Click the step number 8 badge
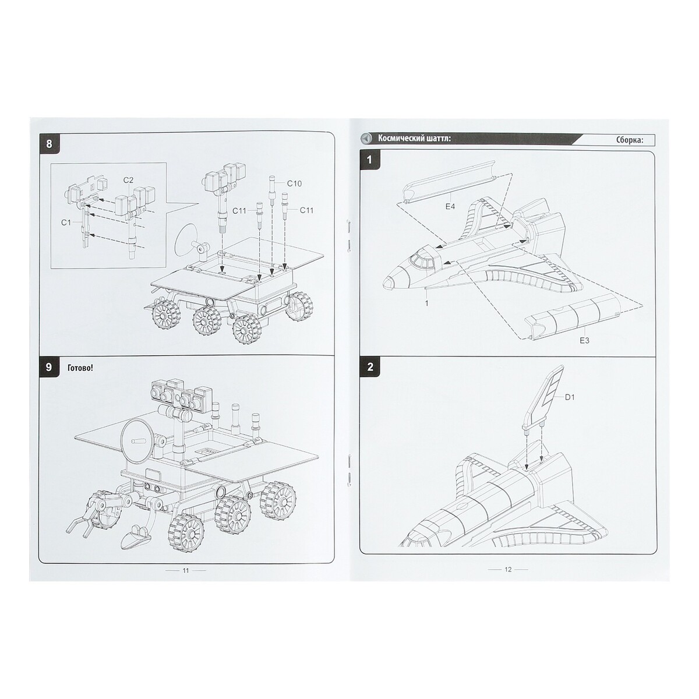(x=49, y=144)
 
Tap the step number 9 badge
(x=49, y=367)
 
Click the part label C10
(x=294, y=183)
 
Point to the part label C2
(x=128, y=180)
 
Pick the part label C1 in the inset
(x=66, y=223)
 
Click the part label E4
(x=450, y=207)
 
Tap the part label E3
(x=584, y=341)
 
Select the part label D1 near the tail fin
(x=570, y=397)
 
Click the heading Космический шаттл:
(x=414, y=139)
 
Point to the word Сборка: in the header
(x=629, y=140)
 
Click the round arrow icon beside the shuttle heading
(x=366, y=139)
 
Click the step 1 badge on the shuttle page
(x=370, y=160)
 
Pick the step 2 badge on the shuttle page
(x=370, y=367)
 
